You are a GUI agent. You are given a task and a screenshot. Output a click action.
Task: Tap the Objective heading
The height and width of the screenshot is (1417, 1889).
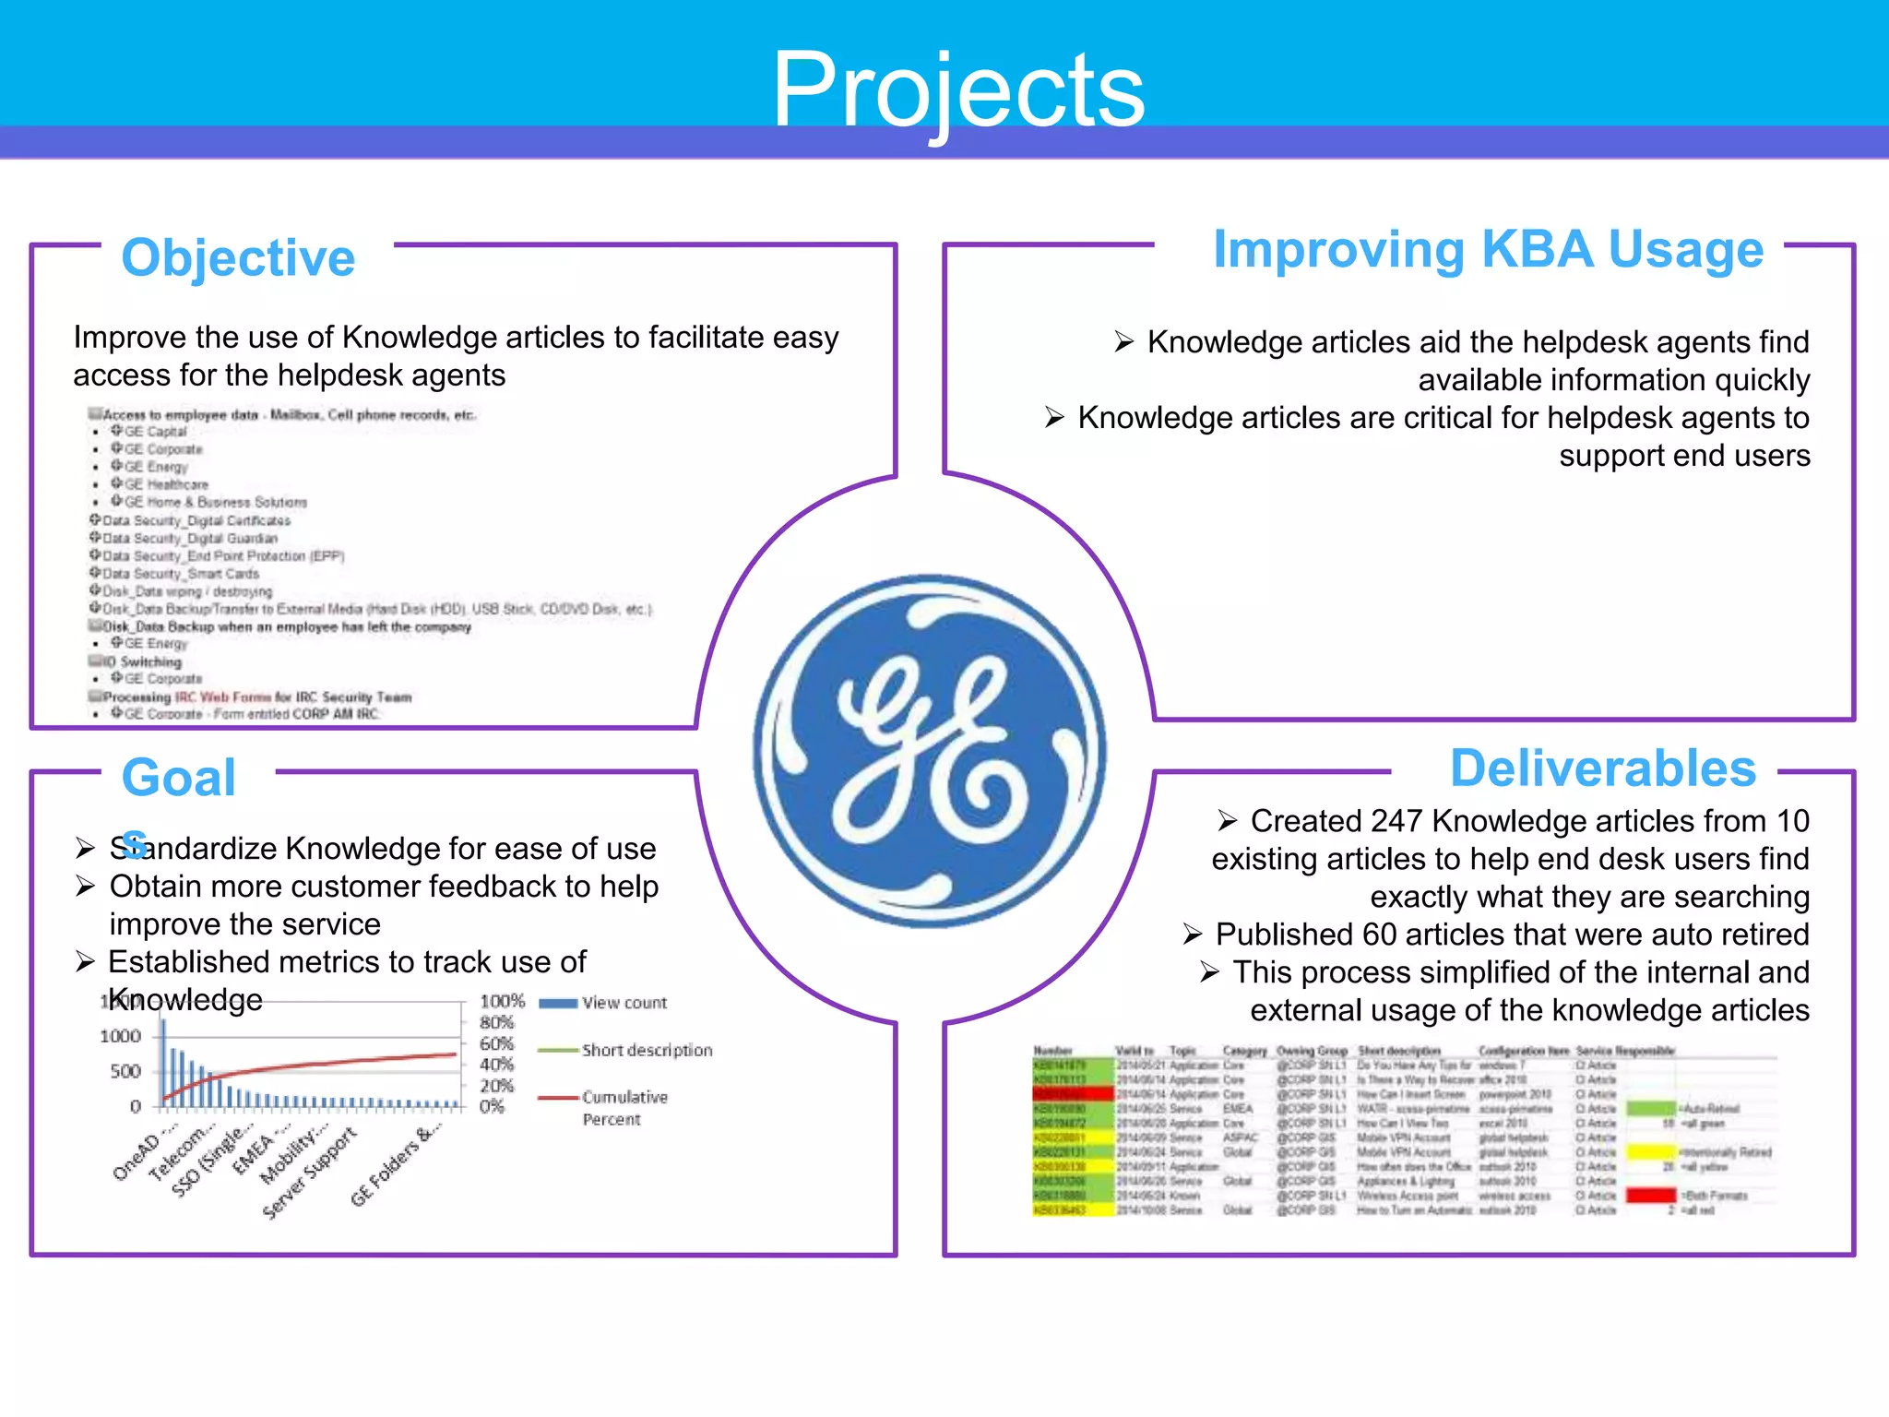click(x=238, y=257)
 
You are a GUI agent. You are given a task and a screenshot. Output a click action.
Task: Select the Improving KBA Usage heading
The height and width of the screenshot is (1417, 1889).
click(x=1487, y=249)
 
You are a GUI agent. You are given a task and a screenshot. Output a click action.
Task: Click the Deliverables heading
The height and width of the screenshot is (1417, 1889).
click(x=1602, y=768)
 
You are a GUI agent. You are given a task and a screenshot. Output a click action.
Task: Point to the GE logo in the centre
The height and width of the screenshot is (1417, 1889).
click(x=930, y=750)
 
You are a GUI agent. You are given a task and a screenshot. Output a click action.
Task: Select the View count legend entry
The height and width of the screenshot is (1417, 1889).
click(x=624, y=1003)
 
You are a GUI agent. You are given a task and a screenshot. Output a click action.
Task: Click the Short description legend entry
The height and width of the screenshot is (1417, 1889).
click(x=646, y=1051)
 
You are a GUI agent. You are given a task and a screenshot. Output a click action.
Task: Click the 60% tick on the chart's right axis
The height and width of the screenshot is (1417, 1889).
click(x=496, y=1044)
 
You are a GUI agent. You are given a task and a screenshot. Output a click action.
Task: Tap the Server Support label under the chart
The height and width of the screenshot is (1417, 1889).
click(x=309, y=1173)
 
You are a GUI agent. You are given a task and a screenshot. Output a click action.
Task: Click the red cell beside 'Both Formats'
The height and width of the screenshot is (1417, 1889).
click(x=1650, y=1196)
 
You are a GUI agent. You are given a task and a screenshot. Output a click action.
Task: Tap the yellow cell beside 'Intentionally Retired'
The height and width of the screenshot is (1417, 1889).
click(x=1650, y=1152)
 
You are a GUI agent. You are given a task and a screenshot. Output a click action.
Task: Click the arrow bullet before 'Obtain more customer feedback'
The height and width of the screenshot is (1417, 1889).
click(x=86, y=887)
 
